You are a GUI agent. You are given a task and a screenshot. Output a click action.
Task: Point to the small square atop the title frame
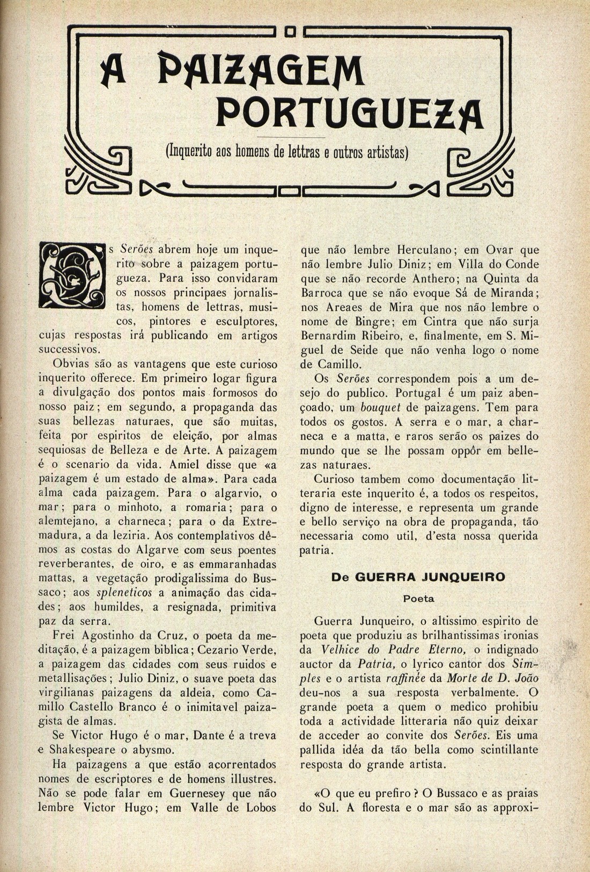[x=290, y=32]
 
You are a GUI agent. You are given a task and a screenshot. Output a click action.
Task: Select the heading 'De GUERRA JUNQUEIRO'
[x=418, y=577]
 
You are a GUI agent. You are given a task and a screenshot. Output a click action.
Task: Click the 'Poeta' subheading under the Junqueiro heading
[x=418, y=599]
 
